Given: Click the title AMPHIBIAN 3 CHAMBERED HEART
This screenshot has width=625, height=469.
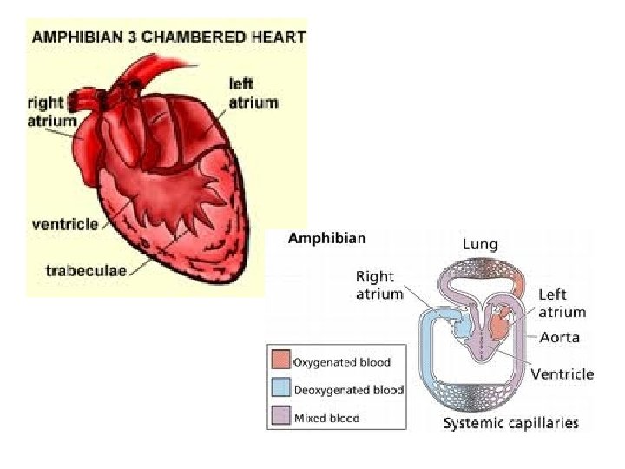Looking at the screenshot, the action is [168, 36].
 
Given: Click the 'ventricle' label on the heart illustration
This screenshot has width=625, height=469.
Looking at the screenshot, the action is [65, 224].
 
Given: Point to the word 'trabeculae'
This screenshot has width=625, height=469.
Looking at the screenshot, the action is [85, 270].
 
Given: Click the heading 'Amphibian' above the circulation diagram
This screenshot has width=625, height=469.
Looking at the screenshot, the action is [326, 238].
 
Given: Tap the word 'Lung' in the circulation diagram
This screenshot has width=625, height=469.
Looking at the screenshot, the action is [480, 245].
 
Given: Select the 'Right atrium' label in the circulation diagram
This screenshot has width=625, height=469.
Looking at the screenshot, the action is [379, 285].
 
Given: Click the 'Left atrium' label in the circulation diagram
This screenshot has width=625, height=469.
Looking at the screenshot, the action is [562, 303].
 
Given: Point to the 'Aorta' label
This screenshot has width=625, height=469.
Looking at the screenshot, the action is [559, 337].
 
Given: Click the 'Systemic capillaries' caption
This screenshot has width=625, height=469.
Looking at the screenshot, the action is [510, 424].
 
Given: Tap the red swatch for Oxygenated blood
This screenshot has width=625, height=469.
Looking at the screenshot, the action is [280, 361].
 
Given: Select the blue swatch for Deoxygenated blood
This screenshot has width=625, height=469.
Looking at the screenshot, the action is [280, 389].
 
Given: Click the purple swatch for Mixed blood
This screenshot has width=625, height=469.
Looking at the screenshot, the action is [280, 417].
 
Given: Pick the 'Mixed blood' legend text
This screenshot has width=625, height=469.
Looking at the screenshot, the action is [326, 418].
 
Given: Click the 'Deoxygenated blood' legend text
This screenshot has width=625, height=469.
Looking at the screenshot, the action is [349, 390].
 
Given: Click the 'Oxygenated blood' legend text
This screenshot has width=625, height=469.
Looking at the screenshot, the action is [342, 362].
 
